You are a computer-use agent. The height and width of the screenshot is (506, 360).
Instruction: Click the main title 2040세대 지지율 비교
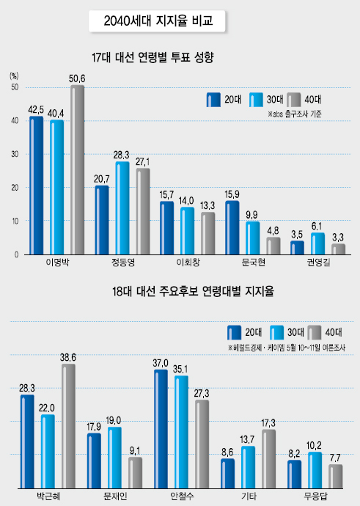(158, 21)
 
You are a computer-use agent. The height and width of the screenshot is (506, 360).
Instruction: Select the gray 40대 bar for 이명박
(78, 169)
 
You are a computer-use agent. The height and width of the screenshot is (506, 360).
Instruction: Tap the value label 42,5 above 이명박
(37, 110)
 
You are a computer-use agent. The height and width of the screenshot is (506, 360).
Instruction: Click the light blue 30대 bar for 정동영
(122, 208)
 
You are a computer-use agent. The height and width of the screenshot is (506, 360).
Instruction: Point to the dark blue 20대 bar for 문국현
(232, 227)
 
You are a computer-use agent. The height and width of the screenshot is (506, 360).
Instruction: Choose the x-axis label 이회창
(188, 262)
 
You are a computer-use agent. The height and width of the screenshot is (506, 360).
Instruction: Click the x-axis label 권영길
(319, 262)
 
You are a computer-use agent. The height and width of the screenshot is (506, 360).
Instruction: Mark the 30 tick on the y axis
(15, 154)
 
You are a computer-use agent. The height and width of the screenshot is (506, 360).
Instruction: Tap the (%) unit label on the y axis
(14, 76)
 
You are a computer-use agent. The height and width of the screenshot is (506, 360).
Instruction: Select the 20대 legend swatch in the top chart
(213, 100)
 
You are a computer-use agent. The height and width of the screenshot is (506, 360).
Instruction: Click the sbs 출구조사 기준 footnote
(295, 114)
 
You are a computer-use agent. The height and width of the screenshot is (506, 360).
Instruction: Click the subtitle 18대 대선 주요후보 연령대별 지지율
(193, 291)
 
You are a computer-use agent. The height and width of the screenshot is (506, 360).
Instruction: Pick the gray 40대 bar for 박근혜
(68, 426)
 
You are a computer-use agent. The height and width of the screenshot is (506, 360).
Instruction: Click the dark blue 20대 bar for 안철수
(161, 429)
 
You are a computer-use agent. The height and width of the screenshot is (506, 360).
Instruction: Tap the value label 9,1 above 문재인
(135, 450)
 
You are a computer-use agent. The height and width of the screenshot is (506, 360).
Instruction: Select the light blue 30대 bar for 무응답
(315, 470)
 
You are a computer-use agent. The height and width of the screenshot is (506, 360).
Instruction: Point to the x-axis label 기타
(249, 496)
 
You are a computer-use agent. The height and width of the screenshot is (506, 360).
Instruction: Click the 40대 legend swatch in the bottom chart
(315, 333)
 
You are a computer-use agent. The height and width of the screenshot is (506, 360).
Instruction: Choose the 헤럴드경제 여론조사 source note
(287, 348)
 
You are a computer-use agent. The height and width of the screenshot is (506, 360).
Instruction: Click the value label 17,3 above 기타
(268, 422)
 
